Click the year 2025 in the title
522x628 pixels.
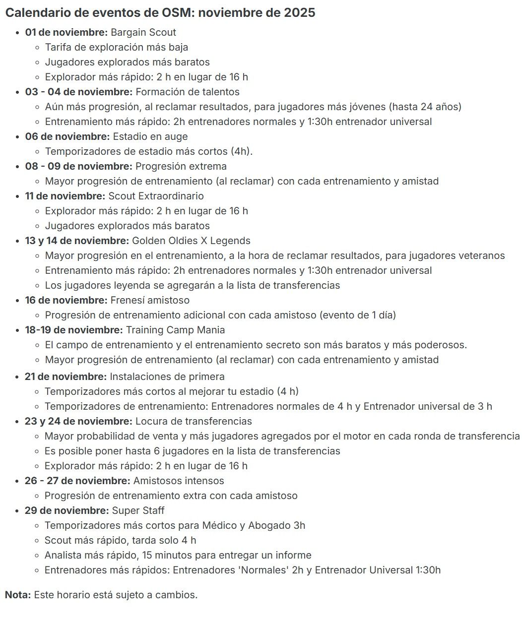(299, 13)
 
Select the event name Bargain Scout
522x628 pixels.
(143, 33)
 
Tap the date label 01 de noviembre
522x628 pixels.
(66, 33)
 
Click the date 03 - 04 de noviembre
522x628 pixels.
(78, 92)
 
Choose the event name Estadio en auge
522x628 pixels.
(150, 137)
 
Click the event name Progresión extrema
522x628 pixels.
(181, 167)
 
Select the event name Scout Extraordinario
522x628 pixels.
(156, 196)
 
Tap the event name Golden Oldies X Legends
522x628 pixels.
(191, 241)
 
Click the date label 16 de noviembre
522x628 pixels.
(66, 301)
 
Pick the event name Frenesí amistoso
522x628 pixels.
(150, 301)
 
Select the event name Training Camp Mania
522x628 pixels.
(175, 330)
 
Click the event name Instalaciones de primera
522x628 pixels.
(167, 377)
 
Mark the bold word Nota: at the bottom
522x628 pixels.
(18, 595)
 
